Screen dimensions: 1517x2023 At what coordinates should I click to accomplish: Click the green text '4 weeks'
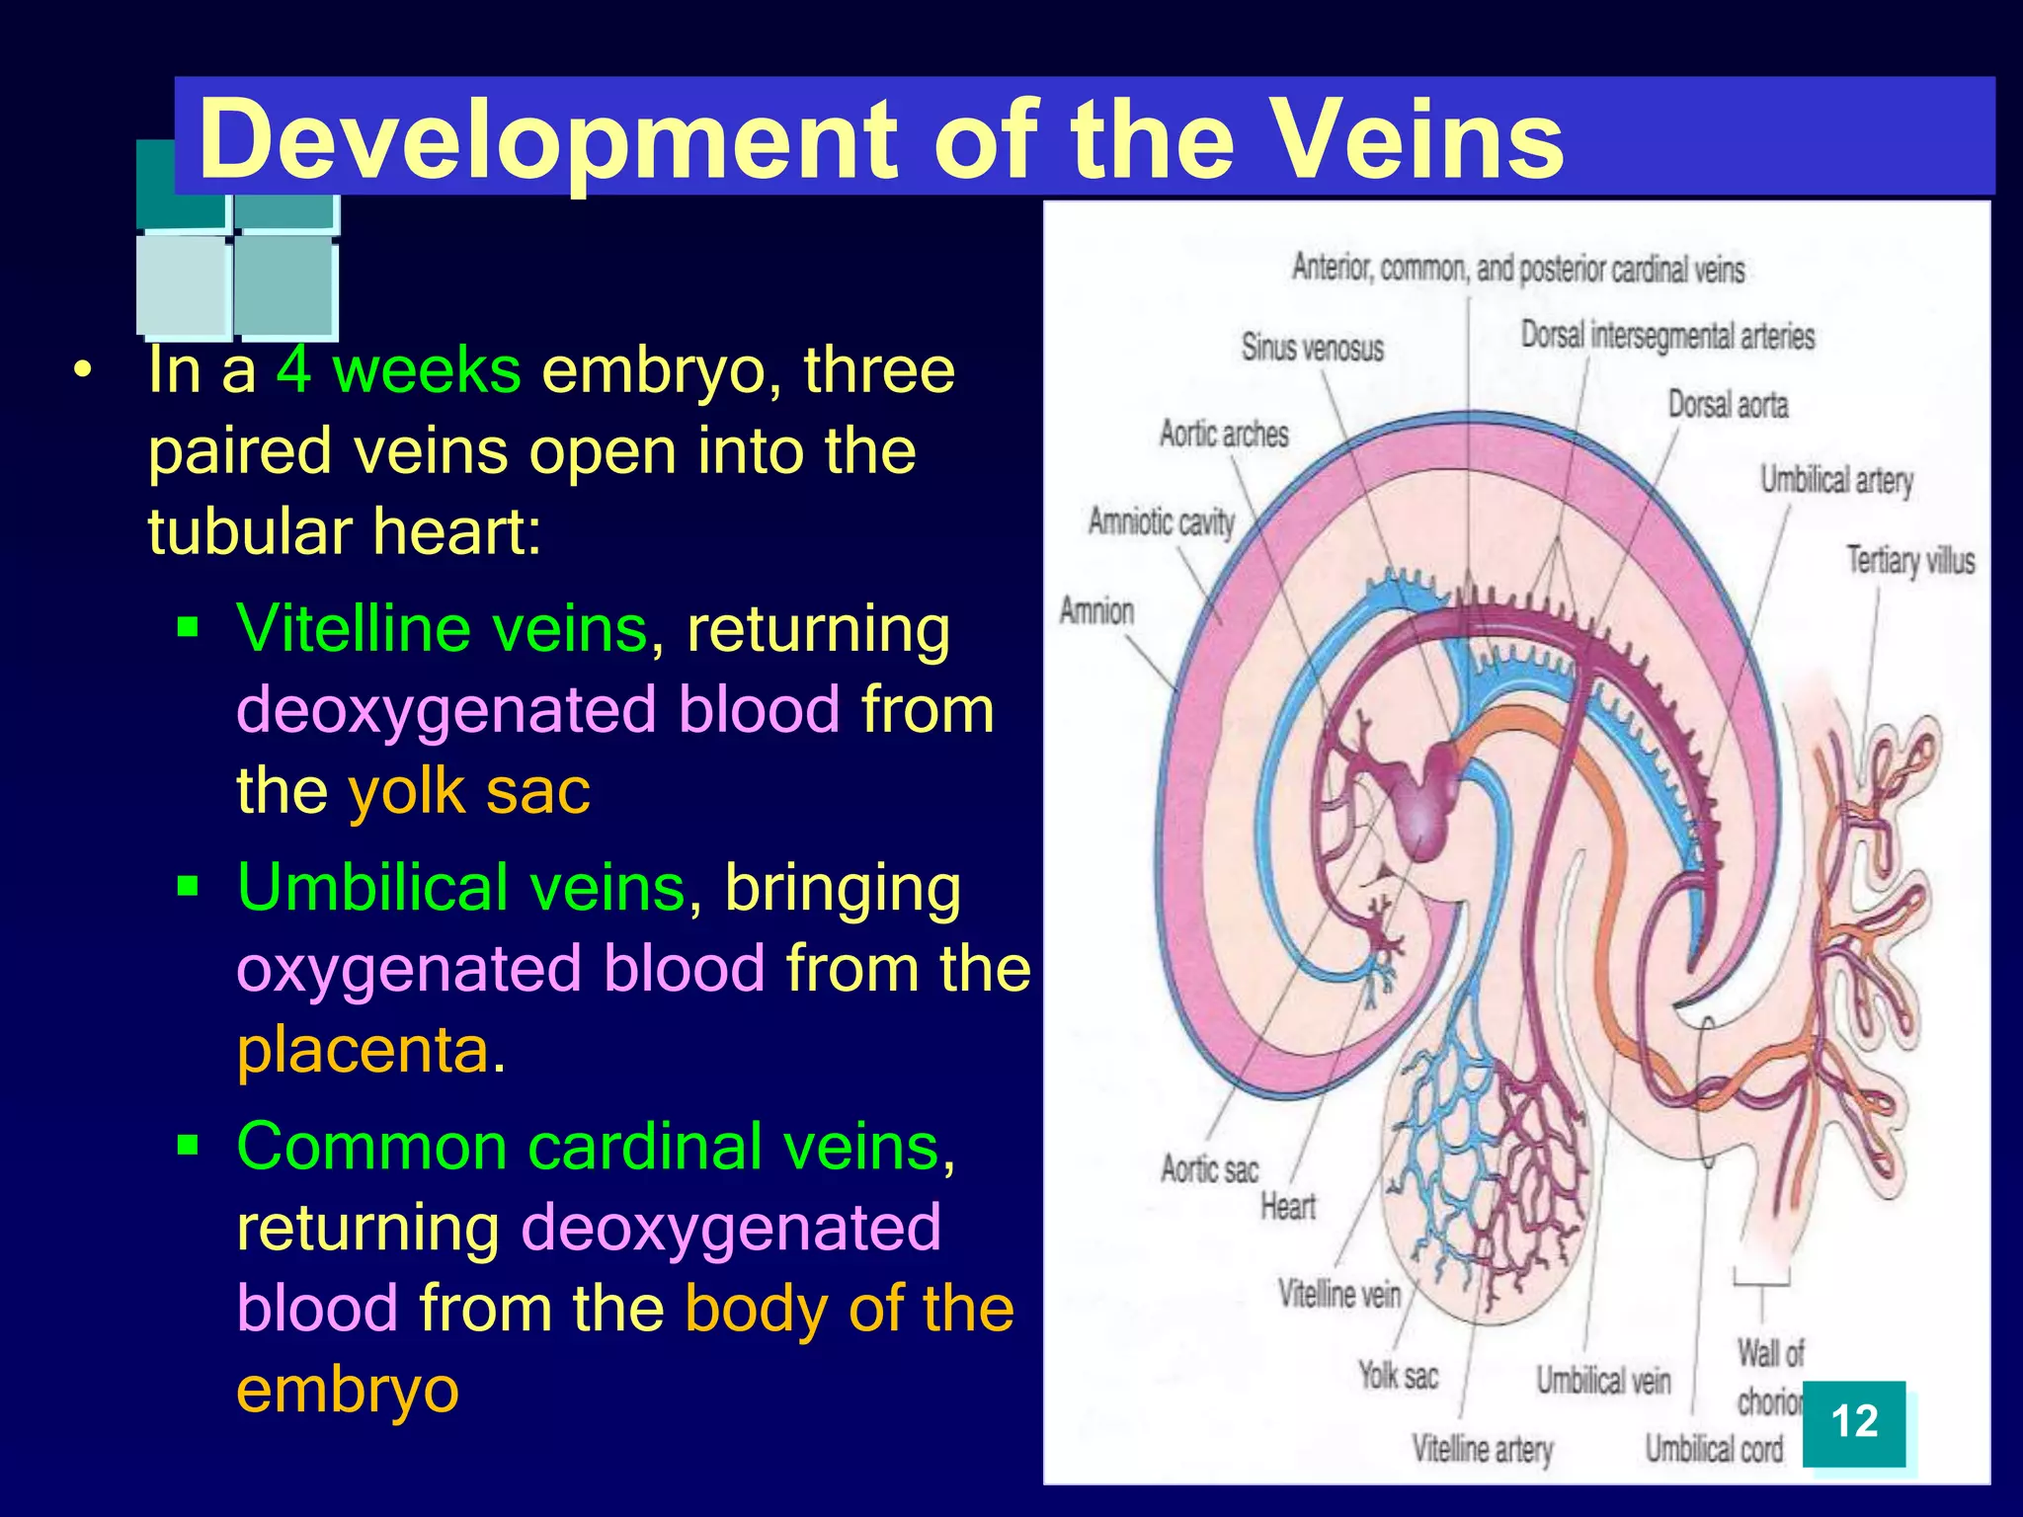(x=398, y=370)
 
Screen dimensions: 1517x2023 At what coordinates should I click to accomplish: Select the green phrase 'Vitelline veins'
(x=442, y=628)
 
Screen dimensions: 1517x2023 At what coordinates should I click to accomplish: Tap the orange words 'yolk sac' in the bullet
(x=469, y=791)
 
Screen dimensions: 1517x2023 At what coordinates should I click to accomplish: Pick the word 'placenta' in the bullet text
(x=363, y=1049)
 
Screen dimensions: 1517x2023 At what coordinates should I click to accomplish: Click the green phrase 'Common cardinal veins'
(x=589, y=1147)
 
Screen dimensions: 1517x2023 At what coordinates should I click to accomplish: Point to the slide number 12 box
(x=1853, y=1423)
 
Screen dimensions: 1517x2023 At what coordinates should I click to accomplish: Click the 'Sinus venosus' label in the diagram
(x=1312, y=348)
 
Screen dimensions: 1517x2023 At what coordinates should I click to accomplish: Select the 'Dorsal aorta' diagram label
(x=1728, y=405)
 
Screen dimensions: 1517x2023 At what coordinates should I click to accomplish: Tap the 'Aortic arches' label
(x=1224, y=434)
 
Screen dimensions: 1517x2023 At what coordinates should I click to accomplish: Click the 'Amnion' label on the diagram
(x=1096, y=610)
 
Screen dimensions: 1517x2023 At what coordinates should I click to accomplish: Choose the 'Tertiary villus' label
(x=1910, y=560)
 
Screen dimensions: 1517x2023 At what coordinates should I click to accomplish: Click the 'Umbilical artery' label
(x=1836, y=480)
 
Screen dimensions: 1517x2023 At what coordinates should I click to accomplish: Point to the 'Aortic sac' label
(x=1209, y=1169)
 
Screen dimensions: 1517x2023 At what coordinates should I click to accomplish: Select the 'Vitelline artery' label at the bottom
(x=1482, y=1449)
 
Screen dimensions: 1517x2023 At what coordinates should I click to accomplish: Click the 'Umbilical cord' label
(x=1714, y=1449)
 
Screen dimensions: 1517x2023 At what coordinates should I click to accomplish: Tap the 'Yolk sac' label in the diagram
(x=1398, y=1375)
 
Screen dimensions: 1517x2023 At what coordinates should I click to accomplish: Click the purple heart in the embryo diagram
(x=1422, y=800)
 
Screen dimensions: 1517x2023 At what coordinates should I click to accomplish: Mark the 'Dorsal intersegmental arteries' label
(x=1667, y=336)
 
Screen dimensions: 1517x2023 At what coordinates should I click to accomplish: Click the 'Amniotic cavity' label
(x=1162, y=521)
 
